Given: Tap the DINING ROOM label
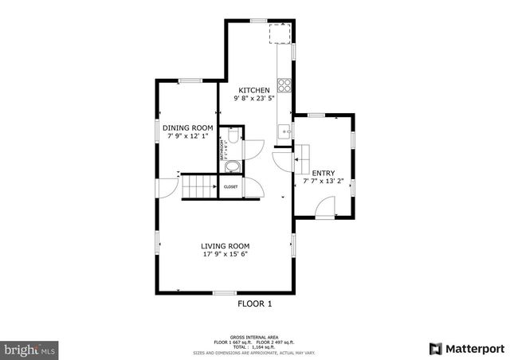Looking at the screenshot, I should [x=188, y=128].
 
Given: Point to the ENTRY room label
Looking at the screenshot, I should [x=323, y=173].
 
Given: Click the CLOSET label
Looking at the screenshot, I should [x=230, y=186].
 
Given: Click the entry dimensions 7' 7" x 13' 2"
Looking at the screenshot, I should [x=323, y=182].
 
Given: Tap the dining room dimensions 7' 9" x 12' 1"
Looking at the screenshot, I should [x=188, y=136].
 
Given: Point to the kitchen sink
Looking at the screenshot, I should [x=283, y=131].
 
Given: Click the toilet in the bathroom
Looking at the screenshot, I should [x=233, y=136].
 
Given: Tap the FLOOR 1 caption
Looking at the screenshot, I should [x=255, y=303].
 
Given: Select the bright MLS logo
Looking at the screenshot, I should [x=30, y=349].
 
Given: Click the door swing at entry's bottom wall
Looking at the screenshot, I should [x=325, y=209].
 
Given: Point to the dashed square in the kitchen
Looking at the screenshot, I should [x=280, y=35].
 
